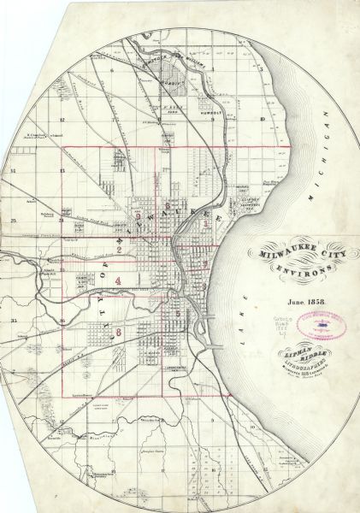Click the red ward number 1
pos(206,223)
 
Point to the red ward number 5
pos(177,314)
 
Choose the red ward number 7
pos(204,266)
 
